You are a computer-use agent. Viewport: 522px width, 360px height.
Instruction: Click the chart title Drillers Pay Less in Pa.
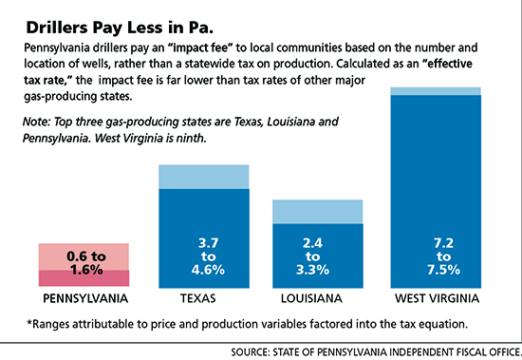click(x=120, y=28)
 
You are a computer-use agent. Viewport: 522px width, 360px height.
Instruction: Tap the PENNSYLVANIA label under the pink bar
click(x=85, y=298)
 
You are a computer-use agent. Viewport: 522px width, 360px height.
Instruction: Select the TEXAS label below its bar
click(x=198, y=298)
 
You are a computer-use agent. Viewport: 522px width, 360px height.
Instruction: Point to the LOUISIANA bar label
click(x=311, y=298)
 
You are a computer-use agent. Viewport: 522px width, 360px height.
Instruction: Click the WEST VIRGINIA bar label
click(x=438, y=298)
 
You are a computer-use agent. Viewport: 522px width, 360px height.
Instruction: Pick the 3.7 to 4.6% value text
click(x=208, y=256)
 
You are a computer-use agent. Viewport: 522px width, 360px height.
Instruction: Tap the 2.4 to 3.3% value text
click(x=312, y=256)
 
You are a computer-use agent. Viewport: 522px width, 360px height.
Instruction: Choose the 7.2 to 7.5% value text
click(x=443, y=256)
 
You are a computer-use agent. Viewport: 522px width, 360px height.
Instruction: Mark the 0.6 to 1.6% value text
click(x=86, y=263)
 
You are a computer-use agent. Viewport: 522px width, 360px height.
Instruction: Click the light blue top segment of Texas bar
click(x=204, y=177)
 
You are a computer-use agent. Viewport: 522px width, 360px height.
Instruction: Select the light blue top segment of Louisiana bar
click(x=318, y=212)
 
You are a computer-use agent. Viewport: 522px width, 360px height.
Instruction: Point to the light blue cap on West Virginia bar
click(x=436, y=91)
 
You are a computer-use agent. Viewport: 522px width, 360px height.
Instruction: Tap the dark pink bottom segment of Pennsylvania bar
click(x=84, y=278)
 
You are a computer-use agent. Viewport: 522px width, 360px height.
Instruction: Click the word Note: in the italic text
click(x=36, y=122)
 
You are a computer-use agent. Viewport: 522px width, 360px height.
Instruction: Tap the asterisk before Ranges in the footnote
click(x=29, y=322)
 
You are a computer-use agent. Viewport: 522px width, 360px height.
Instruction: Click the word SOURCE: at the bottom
click(x=251, y=352)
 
